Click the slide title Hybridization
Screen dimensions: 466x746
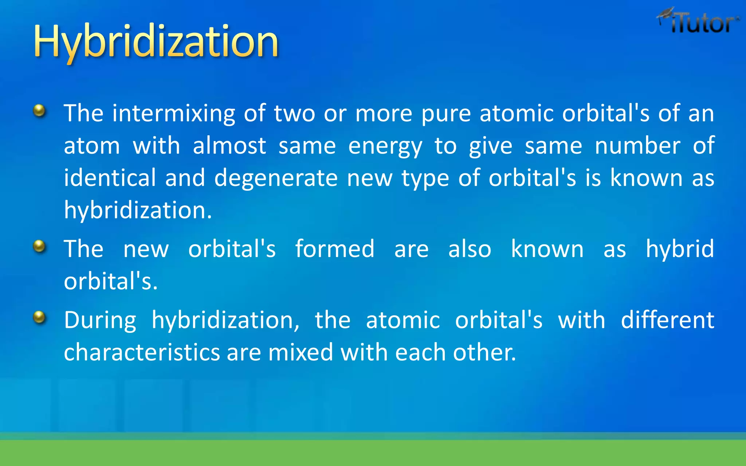(156, 41)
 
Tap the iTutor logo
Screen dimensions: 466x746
(699, 22)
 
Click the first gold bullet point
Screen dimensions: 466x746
(39, 110)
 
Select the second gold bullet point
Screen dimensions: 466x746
(39, 246)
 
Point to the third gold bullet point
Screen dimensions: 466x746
(39, 317)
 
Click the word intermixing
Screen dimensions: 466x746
(174, 114)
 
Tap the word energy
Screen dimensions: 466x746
(385, 147)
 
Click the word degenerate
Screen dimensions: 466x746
(276, 179)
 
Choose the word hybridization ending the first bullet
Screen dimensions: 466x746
(137, 211)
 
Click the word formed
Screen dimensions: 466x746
(334, 249)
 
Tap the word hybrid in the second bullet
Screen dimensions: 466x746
(679, 250)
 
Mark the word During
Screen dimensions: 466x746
(100, 320)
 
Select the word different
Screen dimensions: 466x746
(667, 320)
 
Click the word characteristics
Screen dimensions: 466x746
(142, 352)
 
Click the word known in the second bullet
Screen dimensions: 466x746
(547, 249)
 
